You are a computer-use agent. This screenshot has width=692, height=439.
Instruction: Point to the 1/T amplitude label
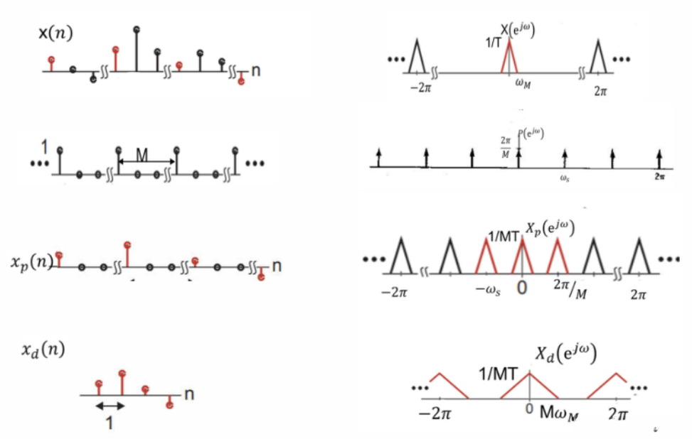492,42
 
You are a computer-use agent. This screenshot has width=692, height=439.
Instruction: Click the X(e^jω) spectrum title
518,31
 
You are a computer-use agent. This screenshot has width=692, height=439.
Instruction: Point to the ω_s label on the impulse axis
564,178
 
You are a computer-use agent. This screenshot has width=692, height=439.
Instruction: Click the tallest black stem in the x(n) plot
137,50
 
